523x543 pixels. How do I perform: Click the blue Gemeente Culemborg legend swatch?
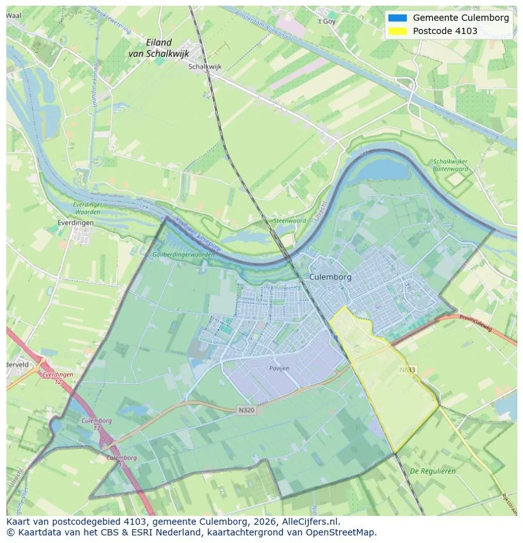[397, 18]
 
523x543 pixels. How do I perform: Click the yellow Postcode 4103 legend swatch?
[397, 31]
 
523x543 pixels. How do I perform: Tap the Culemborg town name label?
[330, 277]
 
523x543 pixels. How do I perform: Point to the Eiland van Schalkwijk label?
[158, 49]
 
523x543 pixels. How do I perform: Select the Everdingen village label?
[75, 223]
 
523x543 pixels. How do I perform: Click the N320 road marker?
[246, 410]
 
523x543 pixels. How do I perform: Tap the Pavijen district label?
[279, 368]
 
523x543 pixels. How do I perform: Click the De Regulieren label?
[433, 471]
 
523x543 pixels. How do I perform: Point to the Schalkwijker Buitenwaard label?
[450, 165]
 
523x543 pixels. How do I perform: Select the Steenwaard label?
[289, 221]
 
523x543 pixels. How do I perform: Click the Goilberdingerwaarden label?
[184, 255]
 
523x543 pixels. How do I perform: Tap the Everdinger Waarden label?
[87, 209]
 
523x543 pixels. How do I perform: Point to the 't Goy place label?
[327, 21]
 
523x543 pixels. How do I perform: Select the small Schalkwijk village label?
[205, 66]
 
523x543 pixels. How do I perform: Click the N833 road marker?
[407, 369]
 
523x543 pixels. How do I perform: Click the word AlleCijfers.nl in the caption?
[308, 522]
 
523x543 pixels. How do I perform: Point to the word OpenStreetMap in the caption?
[342, 532]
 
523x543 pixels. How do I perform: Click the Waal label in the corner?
[13, 15]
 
